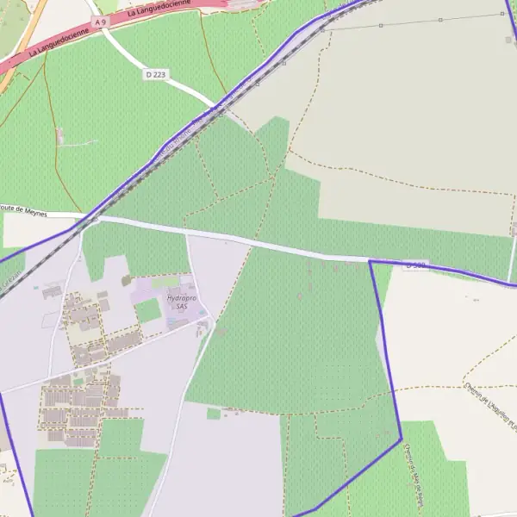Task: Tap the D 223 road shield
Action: [x=155, y=75]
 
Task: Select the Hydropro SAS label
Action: [x=176, y=301]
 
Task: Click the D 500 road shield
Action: [x=415, y=265]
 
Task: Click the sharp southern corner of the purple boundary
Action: [x=402, y=441]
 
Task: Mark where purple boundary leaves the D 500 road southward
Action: [x=370, y=260]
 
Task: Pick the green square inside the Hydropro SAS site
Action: [x=148, y=309]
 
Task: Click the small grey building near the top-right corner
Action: [x=508, y=40]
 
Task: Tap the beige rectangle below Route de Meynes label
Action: [x=26, y=230]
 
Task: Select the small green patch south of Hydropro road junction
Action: [x=214, y=414]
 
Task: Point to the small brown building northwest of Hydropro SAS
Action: [x=126, y=280]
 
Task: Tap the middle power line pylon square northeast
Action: [x=381, y=25]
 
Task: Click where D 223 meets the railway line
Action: [x=215, y=108]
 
